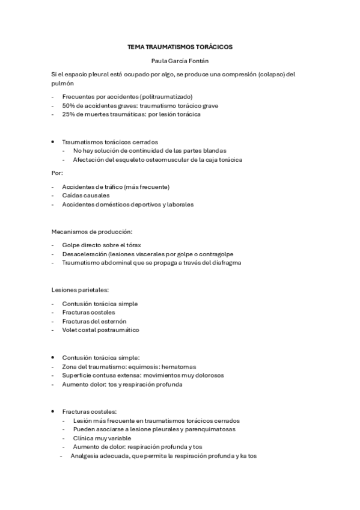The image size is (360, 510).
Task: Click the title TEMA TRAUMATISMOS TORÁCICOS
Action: click(180, 46)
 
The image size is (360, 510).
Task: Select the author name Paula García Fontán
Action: click(180, 60)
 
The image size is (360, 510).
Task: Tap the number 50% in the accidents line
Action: click(68, 105)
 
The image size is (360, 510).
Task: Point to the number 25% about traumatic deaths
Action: click(68, 114)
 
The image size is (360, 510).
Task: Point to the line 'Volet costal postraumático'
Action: click(100, 330)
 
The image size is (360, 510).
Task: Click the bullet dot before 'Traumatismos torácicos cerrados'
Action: click(53, 141)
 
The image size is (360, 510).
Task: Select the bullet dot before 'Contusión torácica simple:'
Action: click(53, 357)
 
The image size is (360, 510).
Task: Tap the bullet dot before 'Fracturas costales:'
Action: click(53, 411)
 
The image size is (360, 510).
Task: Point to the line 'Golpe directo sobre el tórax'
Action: click(102, 245)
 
